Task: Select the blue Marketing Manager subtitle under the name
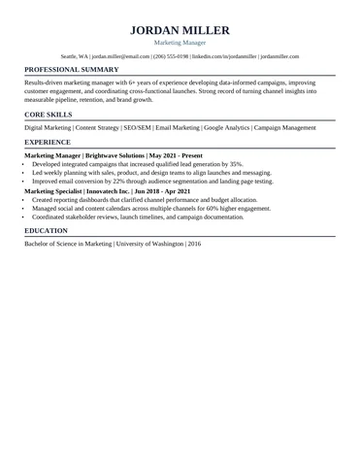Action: tap(180, 43)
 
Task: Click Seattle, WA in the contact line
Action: tap(74, 57)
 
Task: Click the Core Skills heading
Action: tap(48, 115)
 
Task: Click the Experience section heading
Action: tap(47, 142)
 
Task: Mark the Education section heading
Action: tap(46, 230)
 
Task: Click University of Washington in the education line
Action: tap(147, 244)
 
